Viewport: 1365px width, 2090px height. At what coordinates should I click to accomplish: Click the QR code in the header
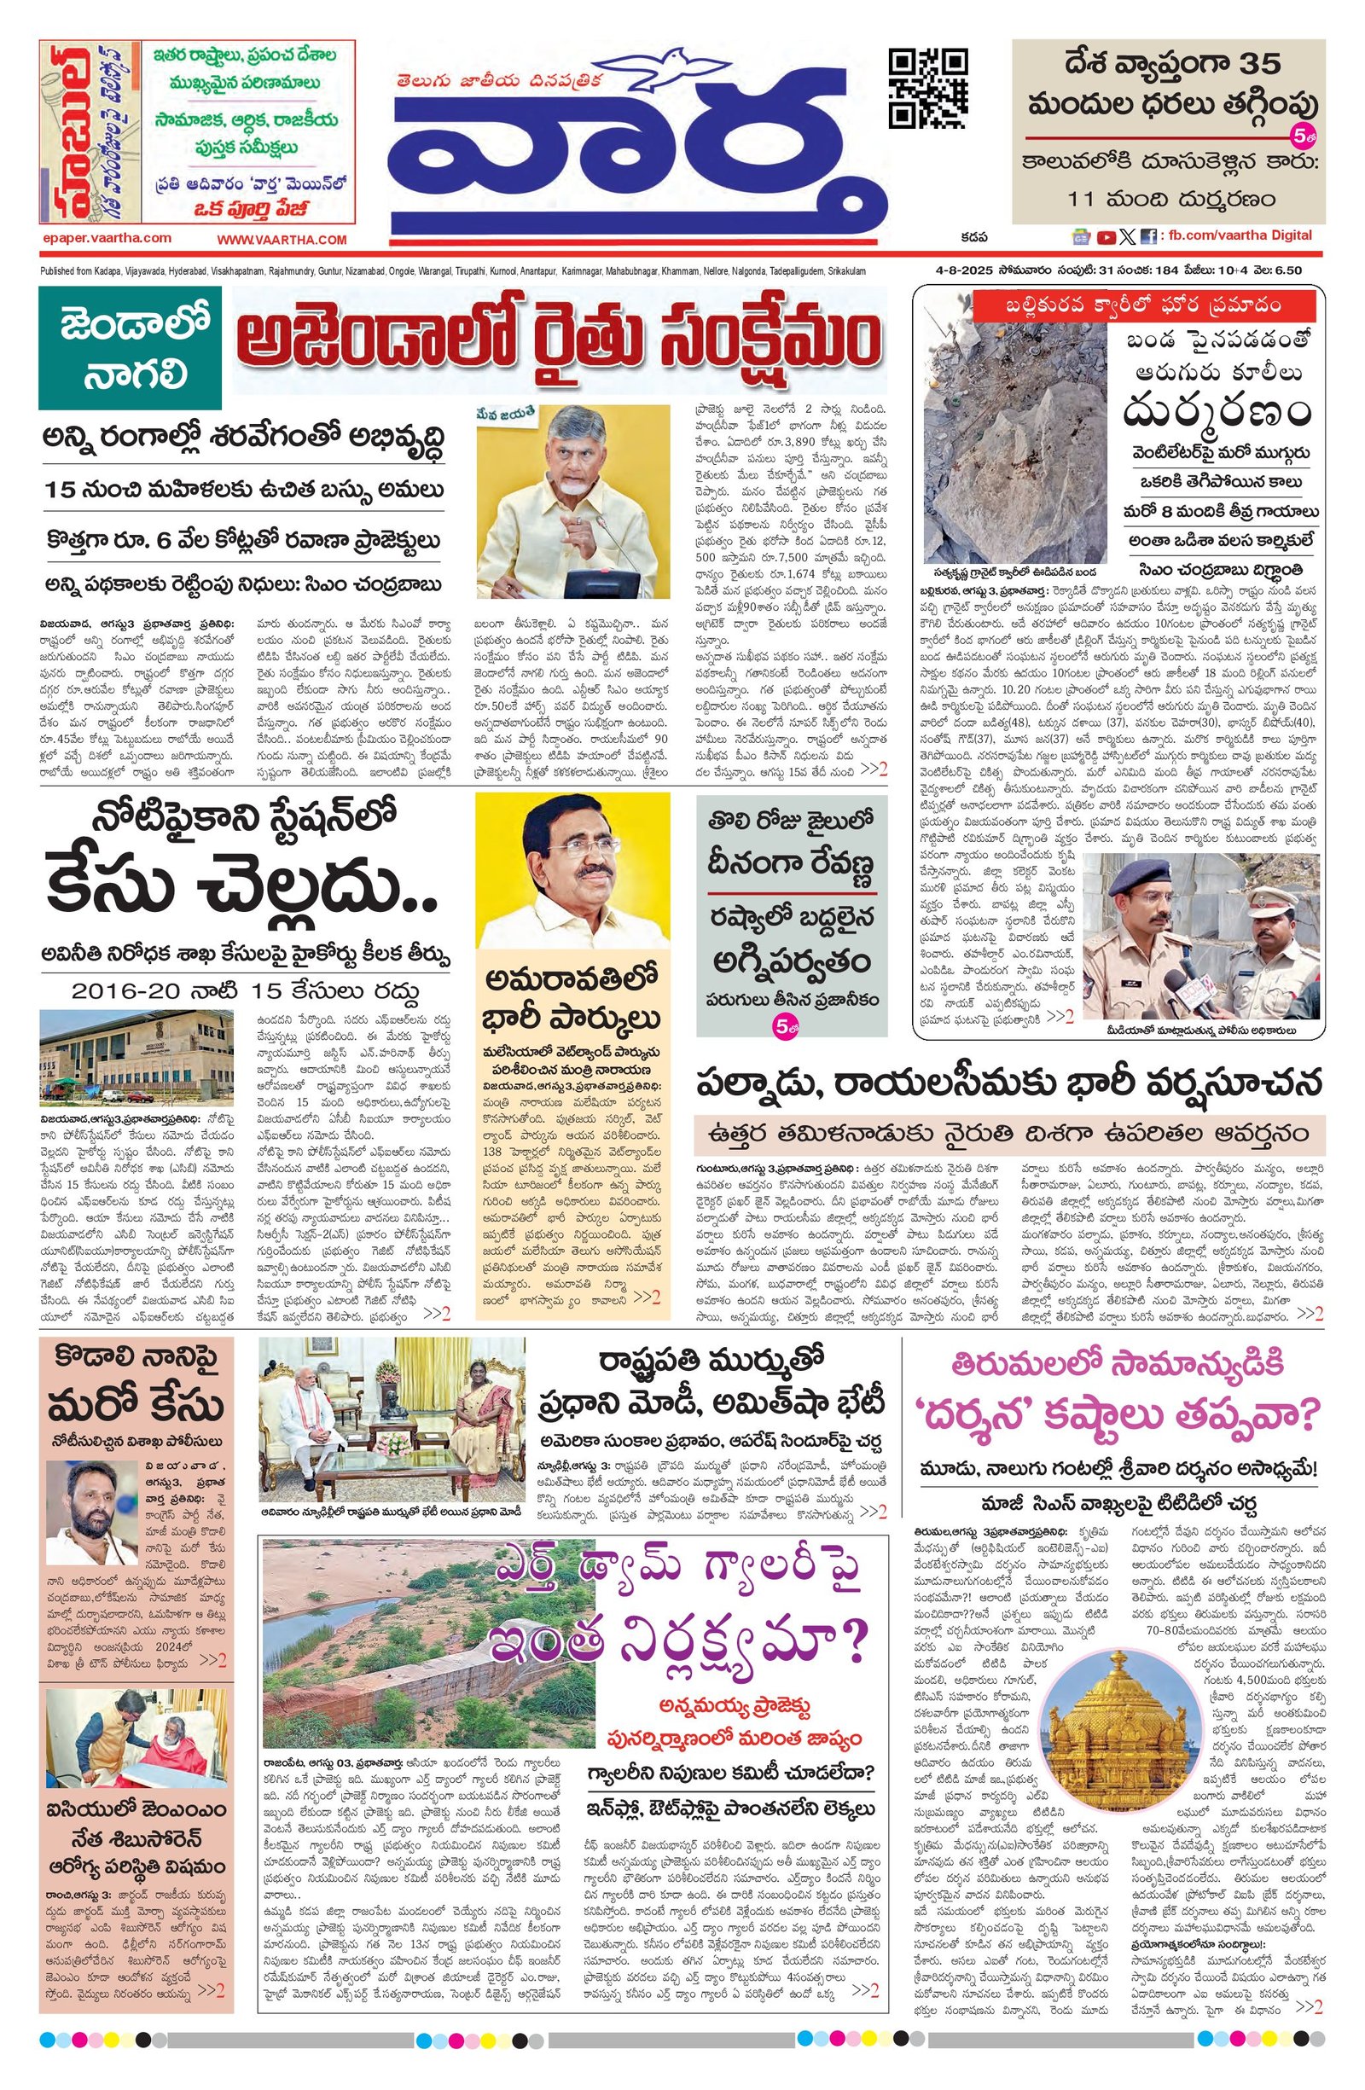(929, 88)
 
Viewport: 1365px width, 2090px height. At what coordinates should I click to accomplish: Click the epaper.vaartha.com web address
(107, 238)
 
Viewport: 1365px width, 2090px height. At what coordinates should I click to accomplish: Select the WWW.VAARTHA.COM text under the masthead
(282, 239)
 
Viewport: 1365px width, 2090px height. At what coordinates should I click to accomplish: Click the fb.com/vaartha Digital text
(1239, 235)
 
